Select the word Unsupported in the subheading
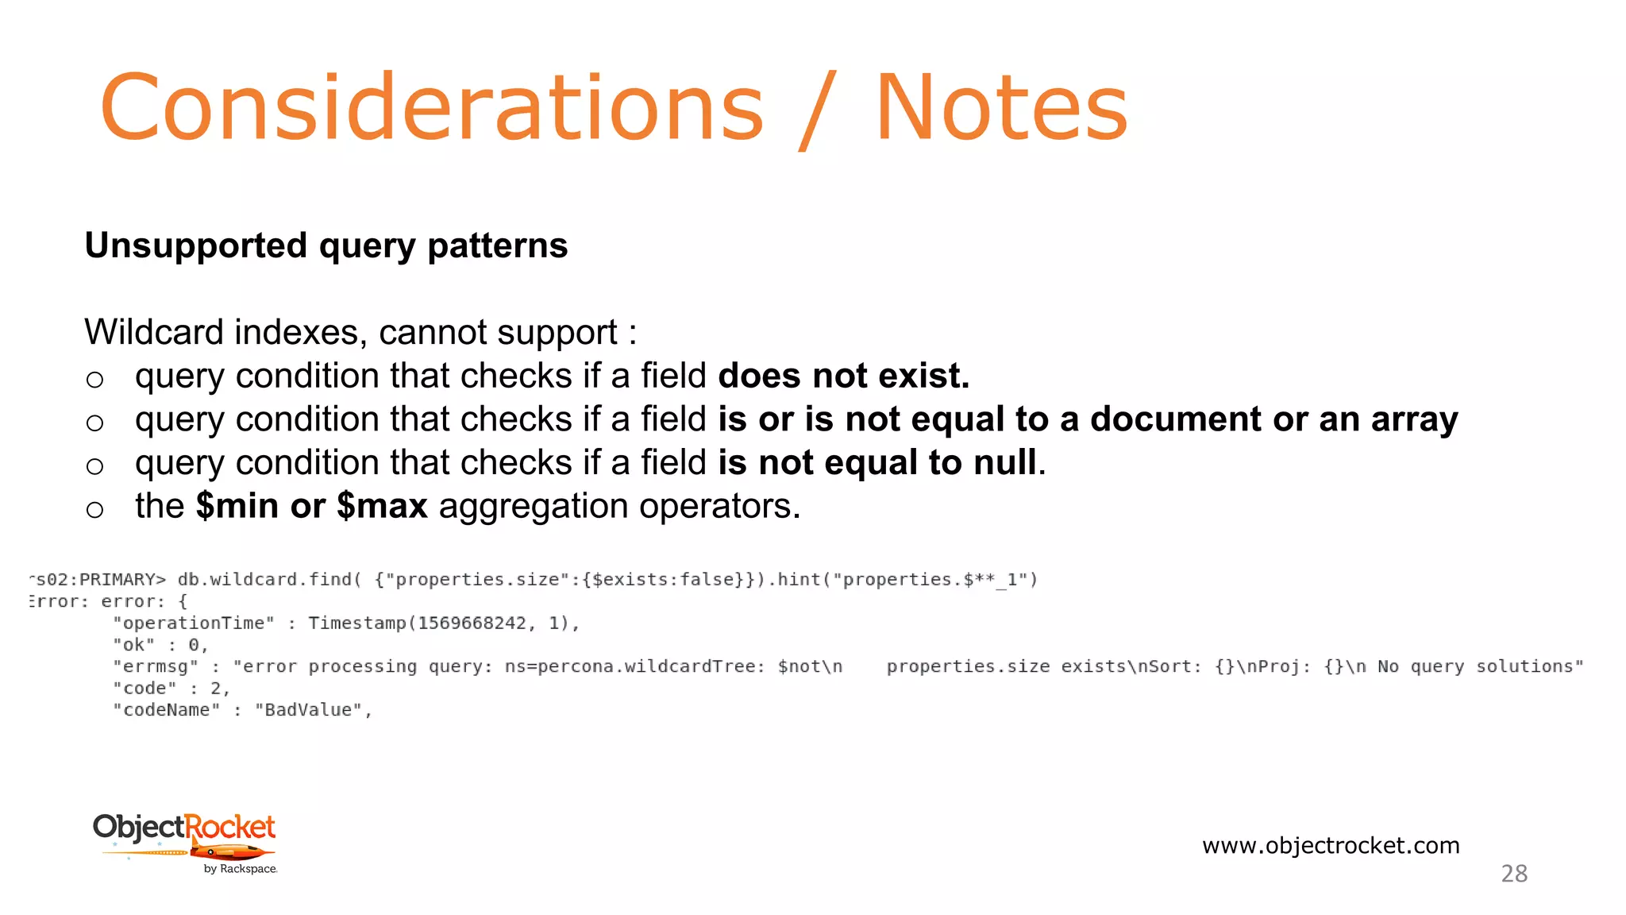click(195, 245)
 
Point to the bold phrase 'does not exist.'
click(843, 376)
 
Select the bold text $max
click(382, 506)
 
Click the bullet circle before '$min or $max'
click(94, 509)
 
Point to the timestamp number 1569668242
click(472, 624)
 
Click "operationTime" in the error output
click(193, 624)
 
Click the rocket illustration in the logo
click(230, 853)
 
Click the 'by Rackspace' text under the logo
click(240, 869)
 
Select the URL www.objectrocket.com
click(1331, 845)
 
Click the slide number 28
click(1514, 874)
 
